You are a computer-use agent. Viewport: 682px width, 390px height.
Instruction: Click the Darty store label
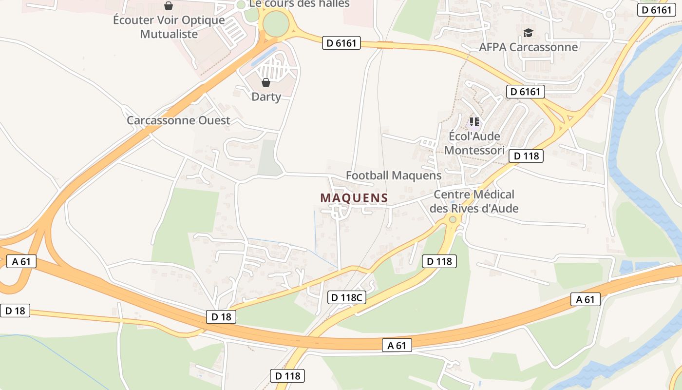[266, 97]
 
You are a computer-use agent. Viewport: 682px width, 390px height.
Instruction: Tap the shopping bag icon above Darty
[266, 82]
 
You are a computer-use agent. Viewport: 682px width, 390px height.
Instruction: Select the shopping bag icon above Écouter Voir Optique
[169, 6]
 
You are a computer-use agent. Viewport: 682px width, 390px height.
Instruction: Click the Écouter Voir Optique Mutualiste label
[169, 27]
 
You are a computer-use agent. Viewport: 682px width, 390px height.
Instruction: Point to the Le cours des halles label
[299, 4]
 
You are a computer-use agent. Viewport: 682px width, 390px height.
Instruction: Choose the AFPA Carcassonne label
[528, 47]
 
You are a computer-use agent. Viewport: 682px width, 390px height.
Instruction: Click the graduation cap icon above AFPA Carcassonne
[528, 33]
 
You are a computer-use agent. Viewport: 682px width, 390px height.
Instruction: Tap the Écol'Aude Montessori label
[474, 143]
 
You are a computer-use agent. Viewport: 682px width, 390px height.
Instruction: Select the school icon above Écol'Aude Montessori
[474, 121]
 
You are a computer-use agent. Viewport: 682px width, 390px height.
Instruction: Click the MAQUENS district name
[354, 198]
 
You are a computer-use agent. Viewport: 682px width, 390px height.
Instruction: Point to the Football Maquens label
[394, 175]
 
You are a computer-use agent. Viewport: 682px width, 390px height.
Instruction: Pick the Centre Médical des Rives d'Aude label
[474, 201]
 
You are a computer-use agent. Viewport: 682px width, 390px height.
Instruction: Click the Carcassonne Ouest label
[178, 120]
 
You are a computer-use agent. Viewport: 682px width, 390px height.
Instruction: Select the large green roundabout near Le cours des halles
[276, 22]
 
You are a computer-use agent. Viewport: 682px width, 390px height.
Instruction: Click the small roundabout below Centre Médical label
[453, 220]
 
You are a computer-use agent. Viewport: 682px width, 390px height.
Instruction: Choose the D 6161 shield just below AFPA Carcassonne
[525, 92]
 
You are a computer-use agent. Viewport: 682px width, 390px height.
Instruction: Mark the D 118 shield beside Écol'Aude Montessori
[526, 156]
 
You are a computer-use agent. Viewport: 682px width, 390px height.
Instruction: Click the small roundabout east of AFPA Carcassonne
[608, 15]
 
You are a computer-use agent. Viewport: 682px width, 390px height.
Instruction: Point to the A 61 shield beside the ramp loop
[21, 261]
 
